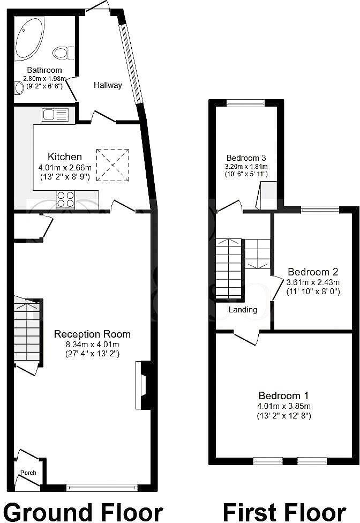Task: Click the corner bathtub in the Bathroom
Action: coord(29,38)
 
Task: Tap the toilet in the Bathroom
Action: coord(63,53)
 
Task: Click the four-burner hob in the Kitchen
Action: coord(65,199)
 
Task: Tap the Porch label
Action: coord(28,473)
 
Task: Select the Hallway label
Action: coord(108,85)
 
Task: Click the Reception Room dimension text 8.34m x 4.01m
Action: coord(92,344)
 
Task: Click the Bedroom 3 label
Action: coord(246,158)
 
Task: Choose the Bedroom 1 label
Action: coord(284,396)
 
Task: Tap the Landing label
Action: coord(243,310)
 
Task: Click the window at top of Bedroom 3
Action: coord(245,103)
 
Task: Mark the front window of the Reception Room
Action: coord(102,488)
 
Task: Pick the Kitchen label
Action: coord(65,157)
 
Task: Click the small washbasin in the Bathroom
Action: coord(19,88)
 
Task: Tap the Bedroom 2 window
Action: coord(320,210)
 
